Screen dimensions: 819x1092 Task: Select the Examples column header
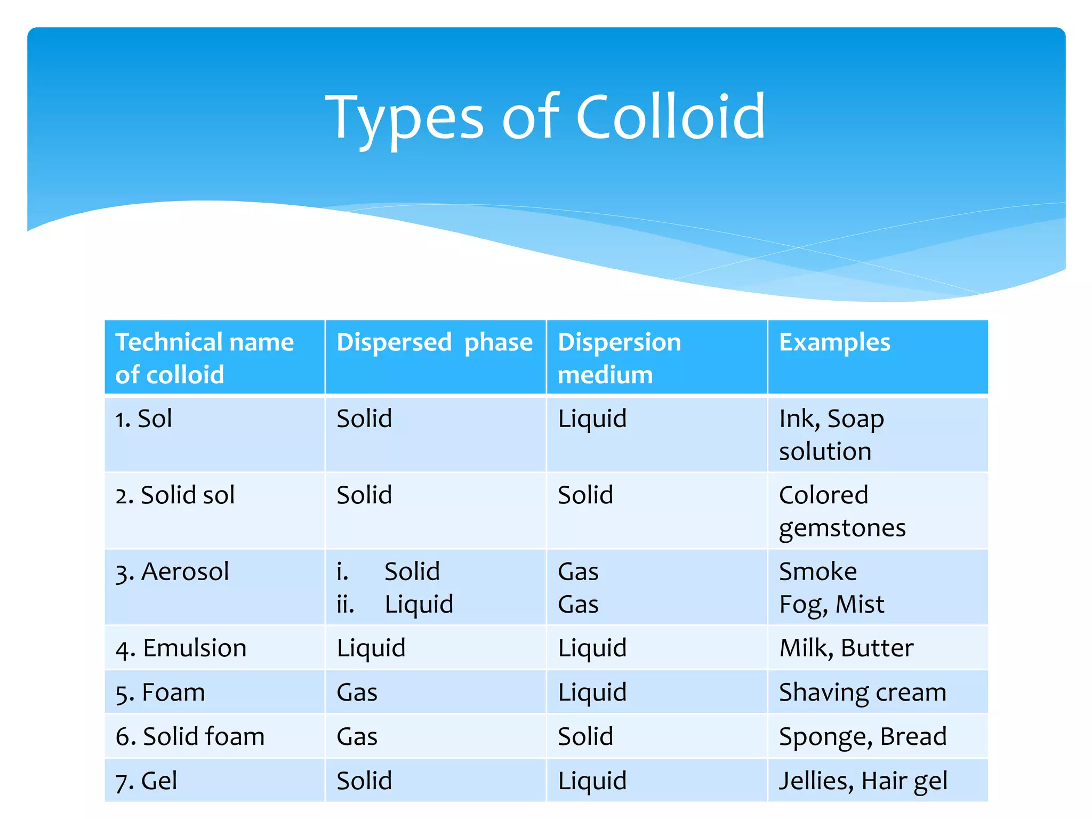coord(834,342)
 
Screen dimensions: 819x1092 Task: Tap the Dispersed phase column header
coord(435,342)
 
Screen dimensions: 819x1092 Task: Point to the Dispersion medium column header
coord(619,358)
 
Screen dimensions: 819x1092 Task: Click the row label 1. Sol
coord(144,419)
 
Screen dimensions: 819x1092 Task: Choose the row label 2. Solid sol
coord(175,495)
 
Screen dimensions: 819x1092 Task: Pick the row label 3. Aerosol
coord(172,572)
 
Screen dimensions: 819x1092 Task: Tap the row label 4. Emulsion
coord(181,648)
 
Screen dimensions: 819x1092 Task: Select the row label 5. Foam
coord(160,693)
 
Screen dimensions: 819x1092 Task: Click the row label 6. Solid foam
coord(190,737)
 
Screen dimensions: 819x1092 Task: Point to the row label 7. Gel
coord(146,781)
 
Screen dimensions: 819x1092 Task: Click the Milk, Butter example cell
coord(846,648)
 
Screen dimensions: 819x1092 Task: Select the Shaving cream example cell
coord(862,693)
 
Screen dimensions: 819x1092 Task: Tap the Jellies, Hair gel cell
coord(863,781)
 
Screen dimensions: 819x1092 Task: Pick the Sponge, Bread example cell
coord(862,737)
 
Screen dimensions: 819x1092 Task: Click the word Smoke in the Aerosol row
coord(818,572)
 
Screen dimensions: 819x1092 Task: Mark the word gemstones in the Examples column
coord(842,528)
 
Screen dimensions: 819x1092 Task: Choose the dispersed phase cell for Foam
coord(357,693)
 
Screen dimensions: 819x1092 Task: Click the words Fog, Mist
coord(831,605)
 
